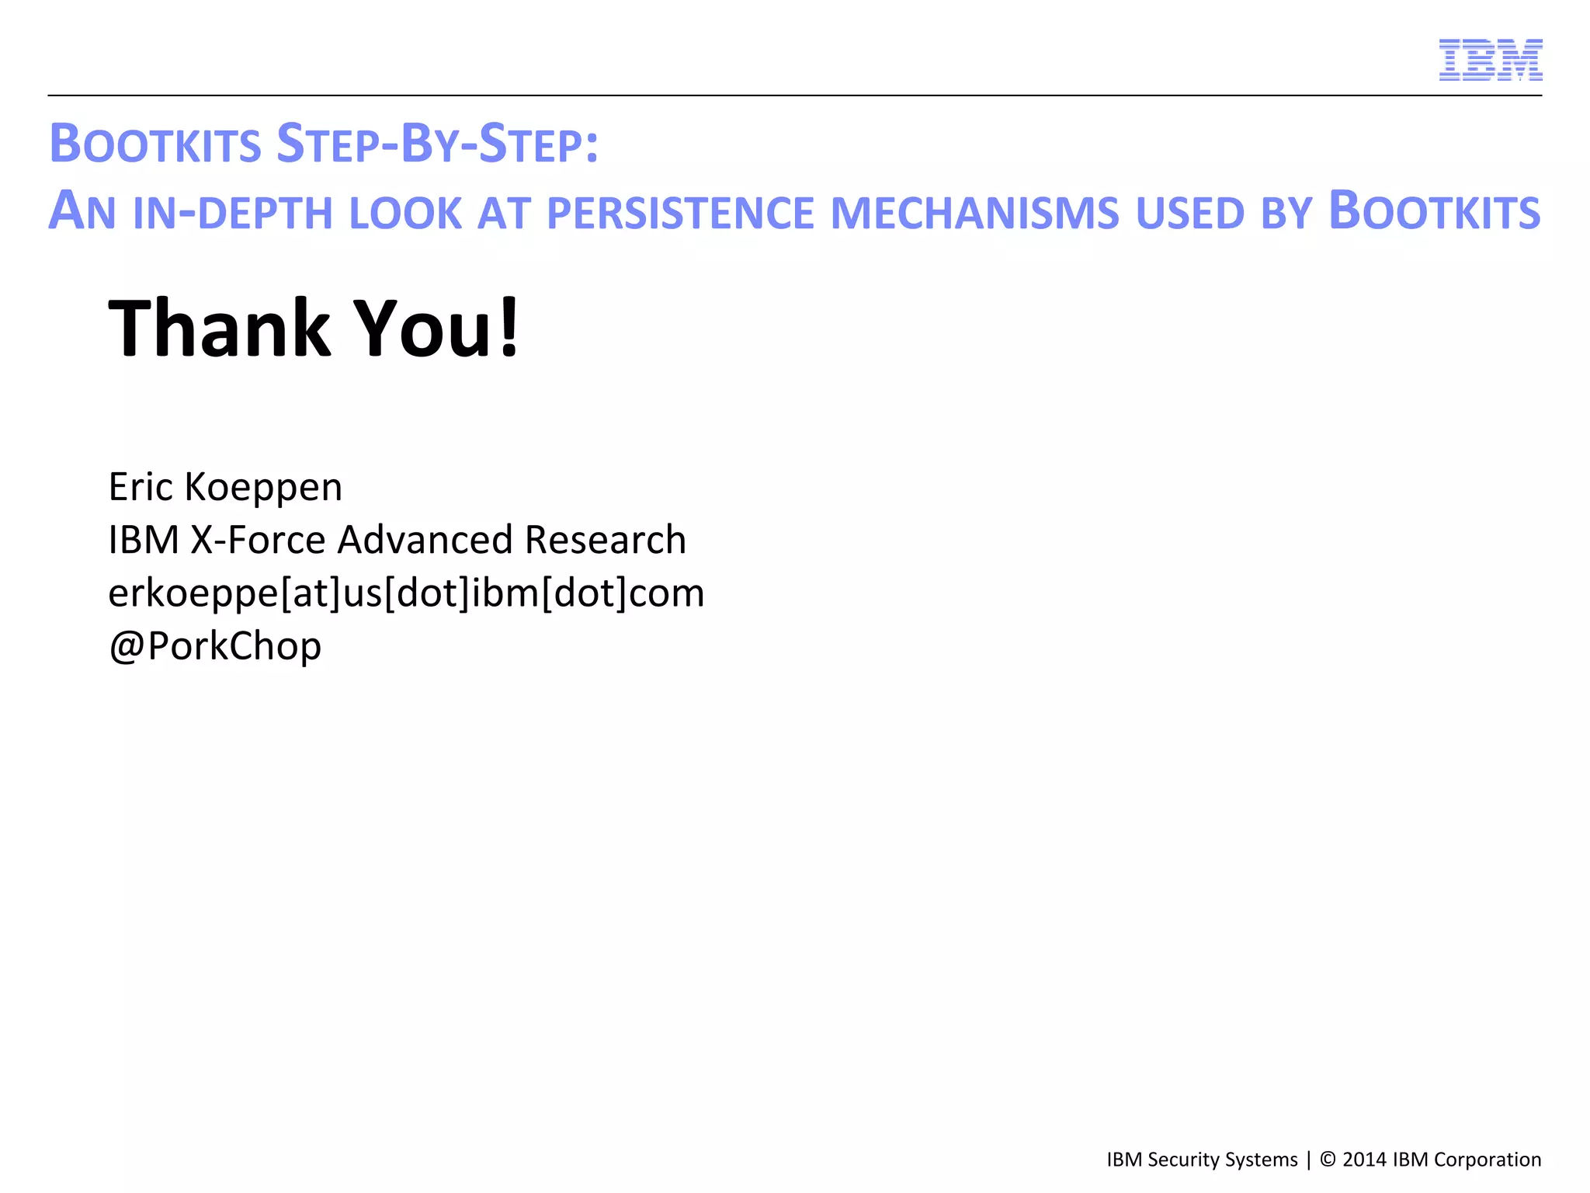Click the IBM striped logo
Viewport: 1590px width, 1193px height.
(x=1490, y=60)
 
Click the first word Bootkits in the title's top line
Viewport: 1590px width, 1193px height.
(x=155, y=144)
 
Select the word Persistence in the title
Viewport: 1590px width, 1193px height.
(x=680, y=213)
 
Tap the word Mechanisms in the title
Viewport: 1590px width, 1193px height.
(x=974, y=213)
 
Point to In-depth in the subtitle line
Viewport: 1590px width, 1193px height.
(x=233, y=213)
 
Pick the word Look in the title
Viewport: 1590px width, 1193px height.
(x=405, y=213)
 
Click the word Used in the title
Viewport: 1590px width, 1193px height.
(x=1190, y=213)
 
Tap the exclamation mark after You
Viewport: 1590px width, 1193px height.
(x=509, y=329)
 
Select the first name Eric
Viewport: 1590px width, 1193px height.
(x=140, y=487)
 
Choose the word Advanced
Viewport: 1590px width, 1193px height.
(x=425, y=540)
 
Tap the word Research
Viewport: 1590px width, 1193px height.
(x=605, y=540)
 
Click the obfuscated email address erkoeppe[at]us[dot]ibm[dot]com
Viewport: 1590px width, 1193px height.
(x=406, y=593)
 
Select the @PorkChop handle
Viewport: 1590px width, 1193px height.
(x=215, y=646)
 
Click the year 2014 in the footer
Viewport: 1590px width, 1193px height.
(x=1364, y=1160)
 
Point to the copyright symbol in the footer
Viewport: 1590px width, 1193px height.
(x=1328, y=1160)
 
